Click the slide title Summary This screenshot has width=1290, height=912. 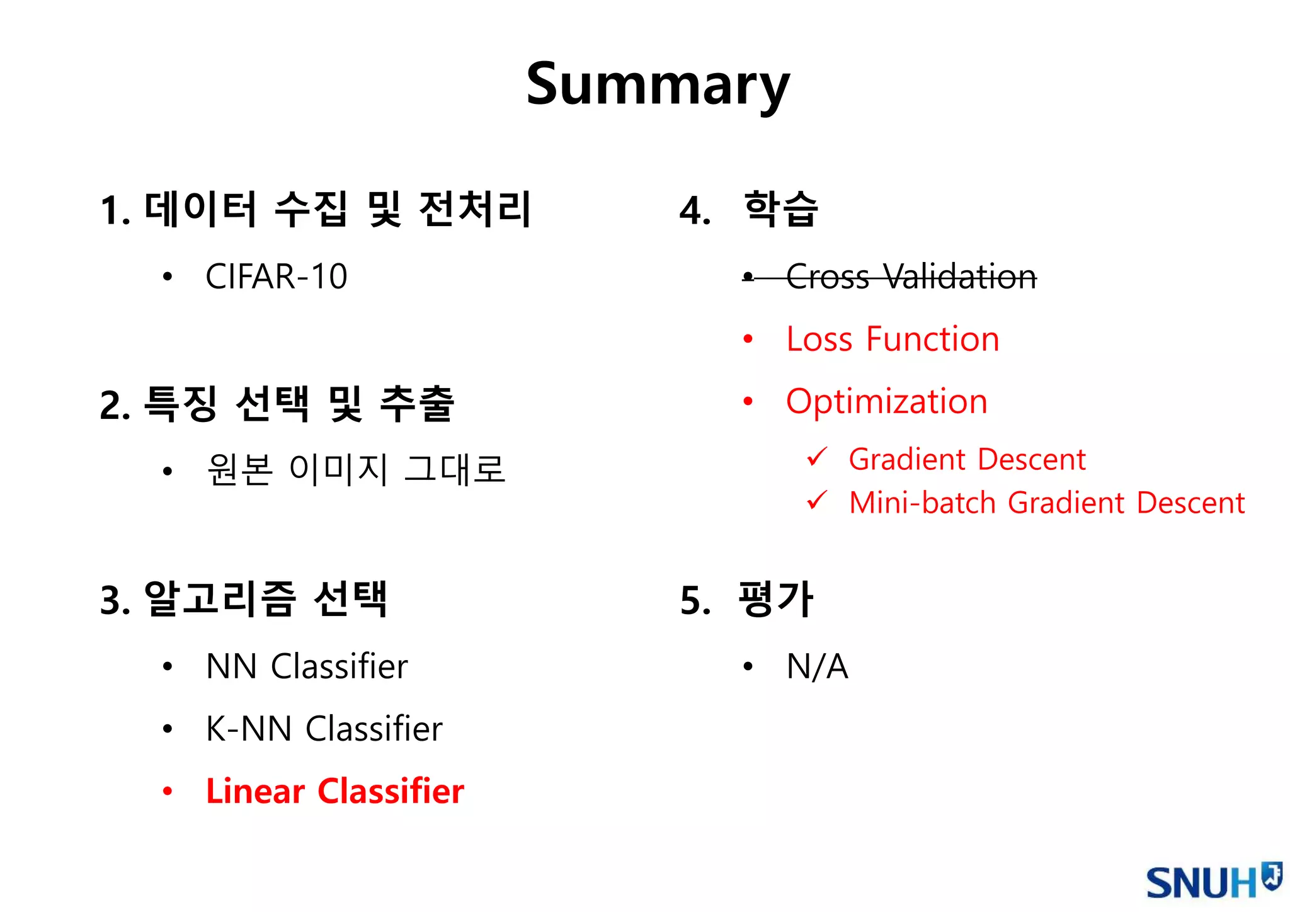tap(658, 85)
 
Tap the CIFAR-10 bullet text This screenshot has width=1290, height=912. tap(276, 276)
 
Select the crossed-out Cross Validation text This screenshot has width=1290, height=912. tap(911, 276)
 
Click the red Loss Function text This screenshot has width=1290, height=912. tap(893, 339)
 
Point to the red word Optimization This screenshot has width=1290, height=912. tap(886, 401)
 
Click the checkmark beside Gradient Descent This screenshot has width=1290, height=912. tap(816, 456)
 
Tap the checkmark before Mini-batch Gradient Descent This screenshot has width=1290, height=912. tap(816, 500)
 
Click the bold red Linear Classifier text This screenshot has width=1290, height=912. tap(334, 791)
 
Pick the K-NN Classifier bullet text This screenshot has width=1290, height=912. tap(324, 729)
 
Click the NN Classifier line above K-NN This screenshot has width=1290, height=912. tap(307, 666)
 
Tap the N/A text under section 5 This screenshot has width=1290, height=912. tap(817, 666)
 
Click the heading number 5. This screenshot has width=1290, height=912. tap(695, 600)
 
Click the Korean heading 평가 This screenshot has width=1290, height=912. tap(775, 598)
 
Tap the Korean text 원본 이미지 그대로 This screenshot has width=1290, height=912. tap(356, 470)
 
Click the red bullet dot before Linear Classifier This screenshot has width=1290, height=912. tap(167, 791)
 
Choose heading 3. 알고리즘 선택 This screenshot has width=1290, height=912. tap(244, 599)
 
